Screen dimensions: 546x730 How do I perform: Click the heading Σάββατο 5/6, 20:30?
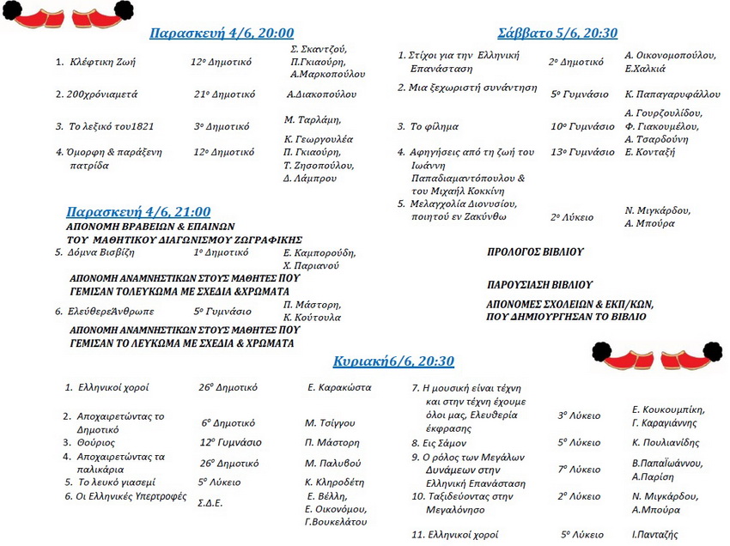click(557, 33)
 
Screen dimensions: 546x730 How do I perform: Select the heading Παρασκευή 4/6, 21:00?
click(138, 211)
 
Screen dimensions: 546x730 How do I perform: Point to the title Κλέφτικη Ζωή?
click(100, 62)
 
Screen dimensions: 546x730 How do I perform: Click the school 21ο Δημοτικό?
click(222, 94)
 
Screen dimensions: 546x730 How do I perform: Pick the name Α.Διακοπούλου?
click(321, 94)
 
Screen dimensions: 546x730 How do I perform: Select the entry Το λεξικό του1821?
click(112, 126)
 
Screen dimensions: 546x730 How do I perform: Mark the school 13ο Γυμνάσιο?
click(582, 152)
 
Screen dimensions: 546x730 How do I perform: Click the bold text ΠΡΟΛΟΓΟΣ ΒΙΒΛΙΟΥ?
click(535, 252)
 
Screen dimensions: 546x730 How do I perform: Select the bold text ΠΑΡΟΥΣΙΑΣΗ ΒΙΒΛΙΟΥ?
click(539, 284)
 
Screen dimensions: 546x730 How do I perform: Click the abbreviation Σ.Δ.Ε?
click(210, 503)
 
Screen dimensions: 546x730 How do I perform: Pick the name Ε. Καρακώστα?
click(339, 387)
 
